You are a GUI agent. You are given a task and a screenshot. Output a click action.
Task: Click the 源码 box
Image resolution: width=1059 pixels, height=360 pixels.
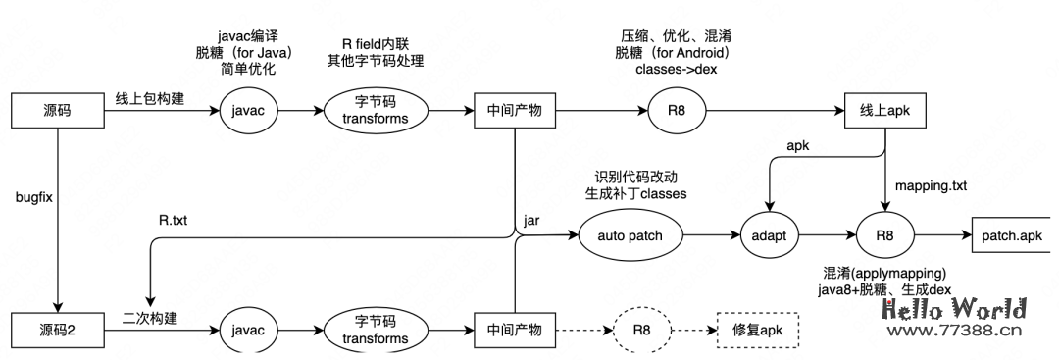coord(59,110)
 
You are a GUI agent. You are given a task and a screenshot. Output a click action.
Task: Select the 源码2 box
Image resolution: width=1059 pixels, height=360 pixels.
coord(59,327)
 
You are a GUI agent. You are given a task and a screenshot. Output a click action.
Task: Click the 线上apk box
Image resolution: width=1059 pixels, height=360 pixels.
coord(886,110)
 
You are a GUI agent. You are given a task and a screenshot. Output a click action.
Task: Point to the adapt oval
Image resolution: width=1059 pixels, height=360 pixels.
coord(770,236)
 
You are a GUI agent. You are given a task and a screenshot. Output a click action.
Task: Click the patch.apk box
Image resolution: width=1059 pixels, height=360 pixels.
coord(1010,236)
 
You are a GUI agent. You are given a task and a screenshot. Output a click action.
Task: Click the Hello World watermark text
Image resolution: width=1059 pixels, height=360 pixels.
coord(953,310)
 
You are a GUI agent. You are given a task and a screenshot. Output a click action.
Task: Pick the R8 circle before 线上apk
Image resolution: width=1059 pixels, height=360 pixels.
coord(678,110)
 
